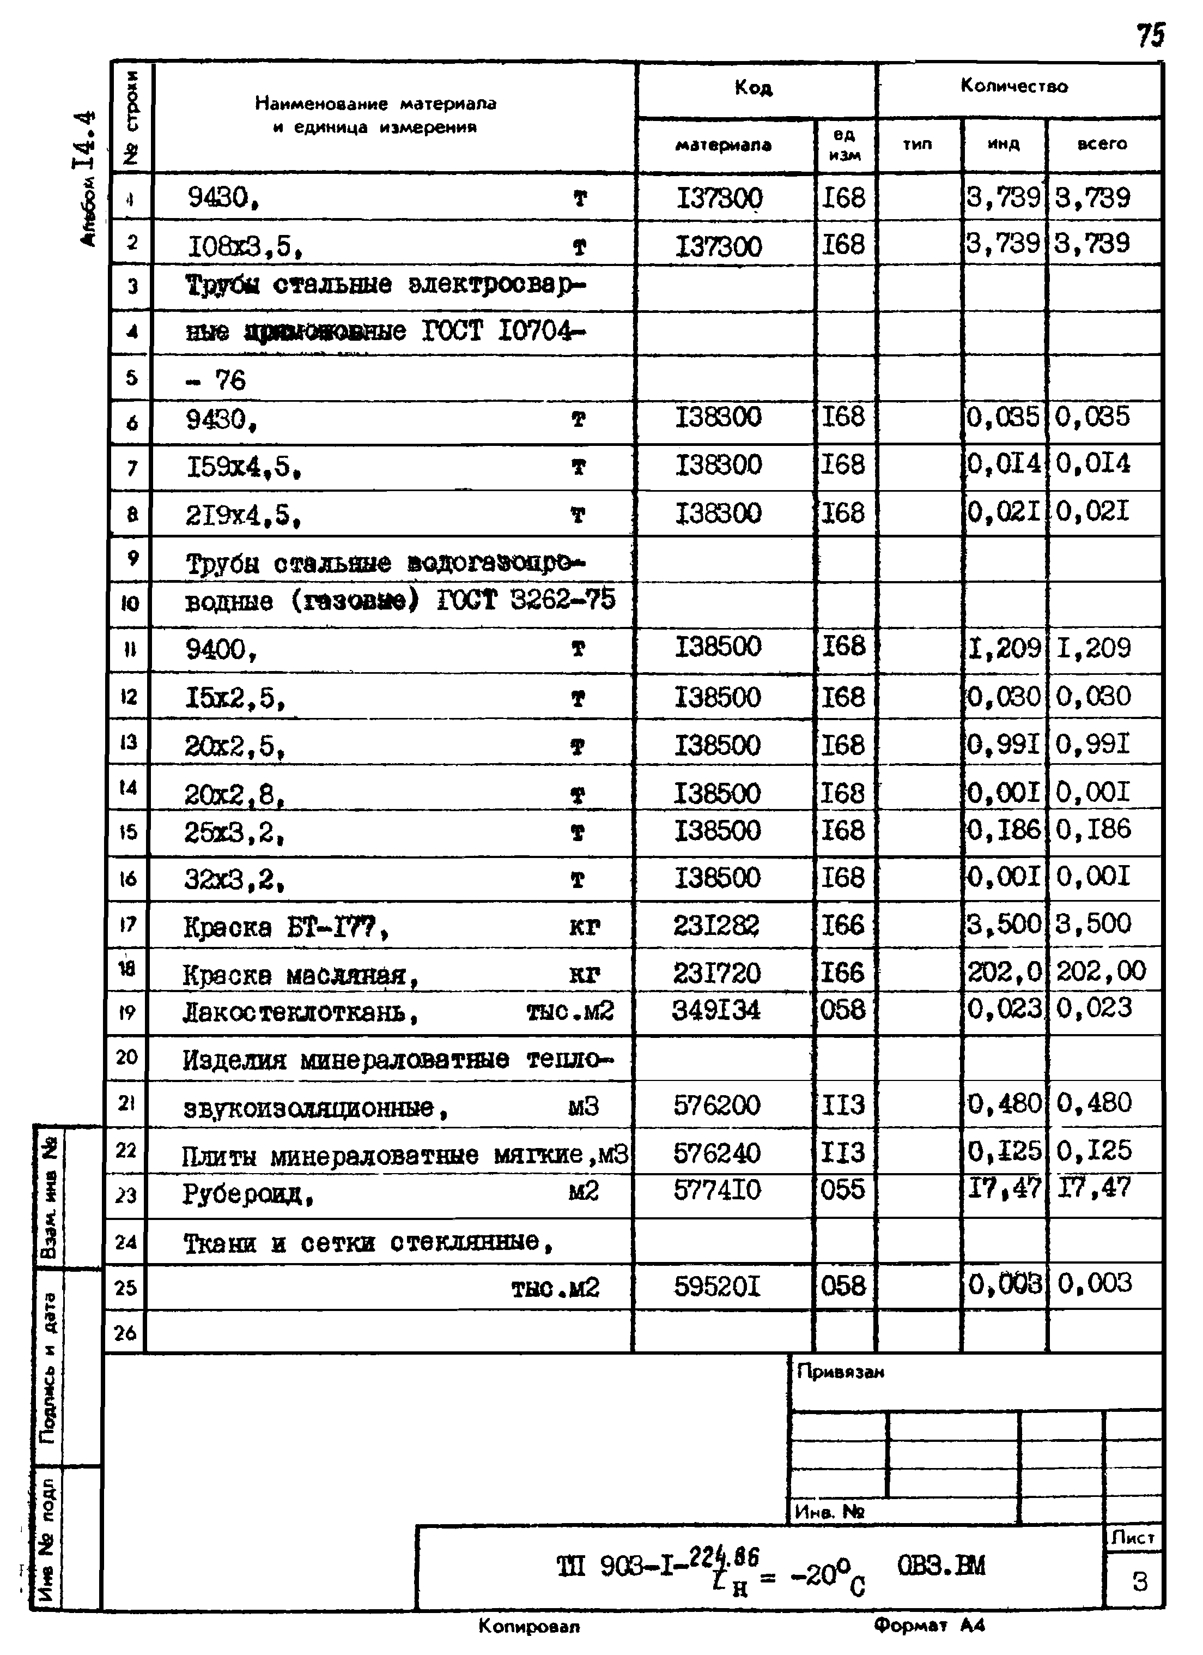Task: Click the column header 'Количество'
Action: click(1013, 86)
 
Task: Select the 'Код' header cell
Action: click(753, 88)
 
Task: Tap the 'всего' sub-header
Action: click(1102, 144)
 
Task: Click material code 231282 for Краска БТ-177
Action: click(716, 925)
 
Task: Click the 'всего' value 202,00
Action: click(1101, 970)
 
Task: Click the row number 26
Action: click(125, 1333)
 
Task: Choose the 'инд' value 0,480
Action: click(1004, 1103)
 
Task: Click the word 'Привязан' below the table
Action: click(841, 1372)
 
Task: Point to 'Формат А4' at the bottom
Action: click(929, 1625)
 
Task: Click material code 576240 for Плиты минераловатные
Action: click(716, 1152)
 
